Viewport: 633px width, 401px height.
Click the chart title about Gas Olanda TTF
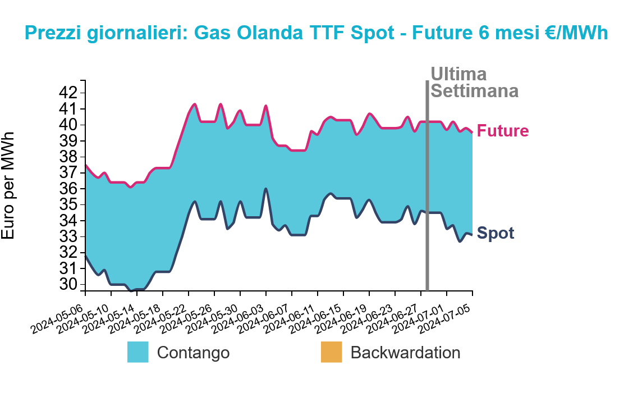316,33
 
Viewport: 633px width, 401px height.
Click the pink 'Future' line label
503,131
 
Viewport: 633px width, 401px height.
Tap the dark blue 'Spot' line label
496,233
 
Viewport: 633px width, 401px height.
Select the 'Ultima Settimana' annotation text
474,83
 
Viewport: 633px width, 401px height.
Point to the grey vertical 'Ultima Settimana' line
427,185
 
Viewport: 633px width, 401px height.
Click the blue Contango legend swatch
137,352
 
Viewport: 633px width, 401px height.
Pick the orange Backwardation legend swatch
332,352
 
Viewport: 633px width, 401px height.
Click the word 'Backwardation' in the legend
405,353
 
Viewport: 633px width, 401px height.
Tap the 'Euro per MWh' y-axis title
8,185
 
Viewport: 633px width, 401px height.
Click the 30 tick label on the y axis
68,284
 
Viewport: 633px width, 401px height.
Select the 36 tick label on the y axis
68,189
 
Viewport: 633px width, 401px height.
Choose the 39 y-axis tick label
68,140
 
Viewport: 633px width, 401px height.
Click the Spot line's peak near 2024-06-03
265,189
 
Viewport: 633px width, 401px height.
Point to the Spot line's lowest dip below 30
131,290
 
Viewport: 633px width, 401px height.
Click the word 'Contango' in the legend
194,353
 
